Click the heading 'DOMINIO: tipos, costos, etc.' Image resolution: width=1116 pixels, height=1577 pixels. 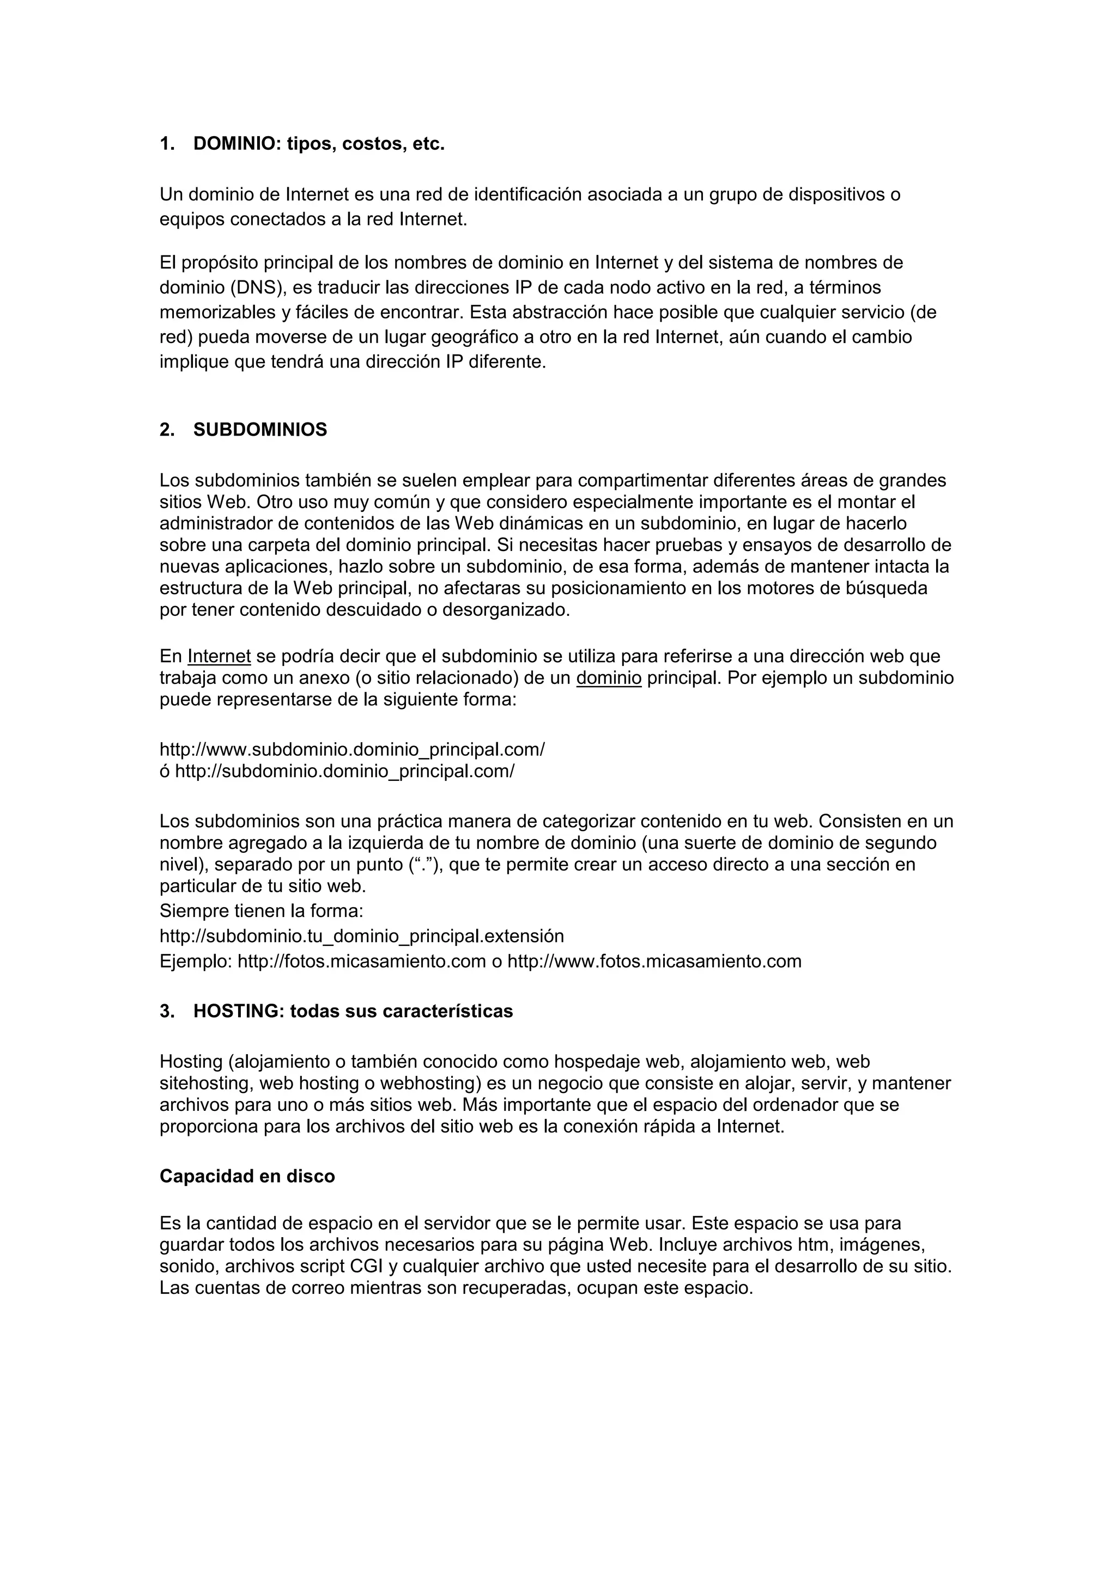pos(319,144)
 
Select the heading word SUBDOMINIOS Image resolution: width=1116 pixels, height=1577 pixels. pos(260,430)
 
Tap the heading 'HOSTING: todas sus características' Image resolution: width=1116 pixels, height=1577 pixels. pos(353,1012)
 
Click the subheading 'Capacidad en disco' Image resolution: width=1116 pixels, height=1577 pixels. pos(247,1177)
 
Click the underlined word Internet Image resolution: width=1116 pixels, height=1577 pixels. pos(219,657)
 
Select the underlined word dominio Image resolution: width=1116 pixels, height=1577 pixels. pos(609,679)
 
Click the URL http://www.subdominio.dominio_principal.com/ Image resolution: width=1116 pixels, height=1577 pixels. pos(352,749)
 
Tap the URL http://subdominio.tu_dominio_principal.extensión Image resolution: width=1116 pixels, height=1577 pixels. pos(361,936)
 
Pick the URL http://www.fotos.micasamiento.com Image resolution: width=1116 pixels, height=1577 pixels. pos(654,961)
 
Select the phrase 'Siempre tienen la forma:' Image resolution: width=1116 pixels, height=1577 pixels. pos(261,912)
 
